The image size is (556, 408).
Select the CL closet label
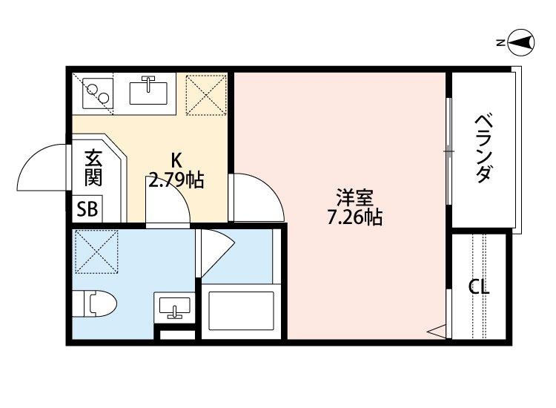pyautogui.click(x=479, y=287)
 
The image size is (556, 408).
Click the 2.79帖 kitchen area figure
pyautogui.click(x=176, y=180)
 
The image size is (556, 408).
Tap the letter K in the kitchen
pyautogui.click(x=176, y=159)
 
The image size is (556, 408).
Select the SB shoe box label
pyautogui.click(x=87, y=209)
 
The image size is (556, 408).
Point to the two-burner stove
pyautogui.click(x=95, y=93)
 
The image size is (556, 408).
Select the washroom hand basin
pyautogui.click(x=174, y=306)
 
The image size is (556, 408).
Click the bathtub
pyautogui.click(x=241, y=311)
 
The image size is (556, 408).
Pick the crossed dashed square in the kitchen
pyautogui.click(x=204, y=94)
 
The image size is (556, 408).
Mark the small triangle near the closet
pyautogui.click(x=437, y=331)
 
